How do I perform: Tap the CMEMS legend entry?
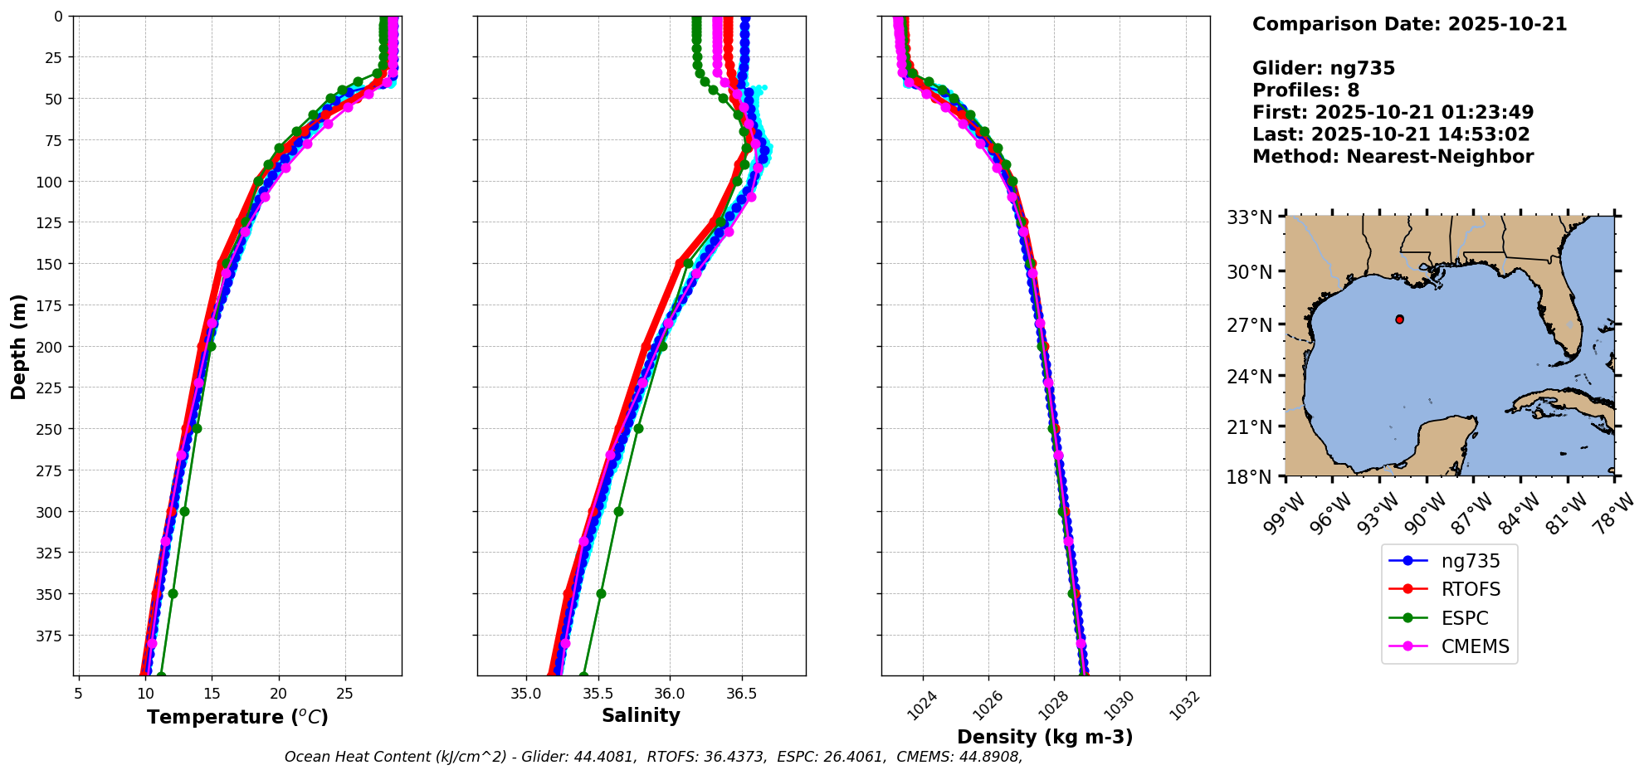pos(1475,646)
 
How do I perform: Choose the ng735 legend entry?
pos(1470,561)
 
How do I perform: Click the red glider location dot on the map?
pos(1400,319)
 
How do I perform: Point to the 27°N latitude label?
pos(1250,325)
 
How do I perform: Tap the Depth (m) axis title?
pos(19,346)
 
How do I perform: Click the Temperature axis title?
pos(237,717)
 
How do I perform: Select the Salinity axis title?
pos(641,715)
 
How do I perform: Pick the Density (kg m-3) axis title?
pos(1045,737)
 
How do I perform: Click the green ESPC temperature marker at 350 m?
pos(173,593)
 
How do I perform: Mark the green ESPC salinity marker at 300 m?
pos(618,511)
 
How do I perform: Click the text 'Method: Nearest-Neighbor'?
pos(1393,157)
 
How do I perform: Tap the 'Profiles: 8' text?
pos(1305,90)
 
